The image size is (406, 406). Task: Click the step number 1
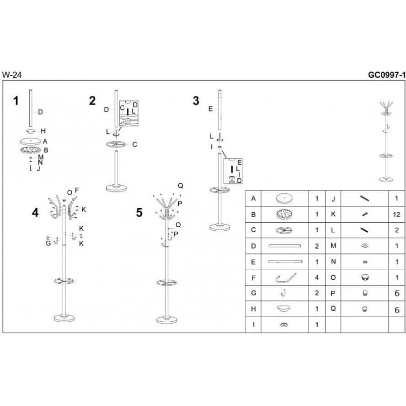click(x=16, y=100)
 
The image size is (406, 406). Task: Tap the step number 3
click(x=196, y=100)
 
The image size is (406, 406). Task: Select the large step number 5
click(x=139, y=213)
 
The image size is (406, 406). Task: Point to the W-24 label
click(x=12, y=75)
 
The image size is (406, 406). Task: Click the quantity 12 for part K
click(x=396, y=215)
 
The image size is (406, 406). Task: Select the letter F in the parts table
click(x=253, y=278)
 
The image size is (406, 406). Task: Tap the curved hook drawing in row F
click(x=286, y=278)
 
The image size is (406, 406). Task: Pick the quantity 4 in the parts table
click(x=317, y=278)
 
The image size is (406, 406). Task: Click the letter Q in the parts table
click(x=333, y=309)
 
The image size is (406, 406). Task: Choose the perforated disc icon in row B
click(x=284, y=215)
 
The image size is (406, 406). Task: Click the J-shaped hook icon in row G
click(x=283, y=293)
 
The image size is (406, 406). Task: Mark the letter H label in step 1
click(x=43, y=131)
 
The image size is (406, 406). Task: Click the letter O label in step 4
click(x=69, y=192)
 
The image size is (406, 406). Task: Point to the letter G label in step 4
click(x=48, y=243)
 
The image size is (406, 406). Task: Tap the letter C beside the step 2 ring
click(x=135, y=144)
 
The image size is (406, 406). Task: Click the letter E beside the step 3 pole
click(x=211, y=109)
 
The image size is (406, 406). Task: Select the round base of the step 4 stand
click(x=64, y=318)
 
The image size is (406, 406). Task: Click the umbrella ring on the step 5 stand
click(x=167, y=282)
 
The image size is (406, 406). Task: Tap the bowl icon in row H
click(x=284, y=309)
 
